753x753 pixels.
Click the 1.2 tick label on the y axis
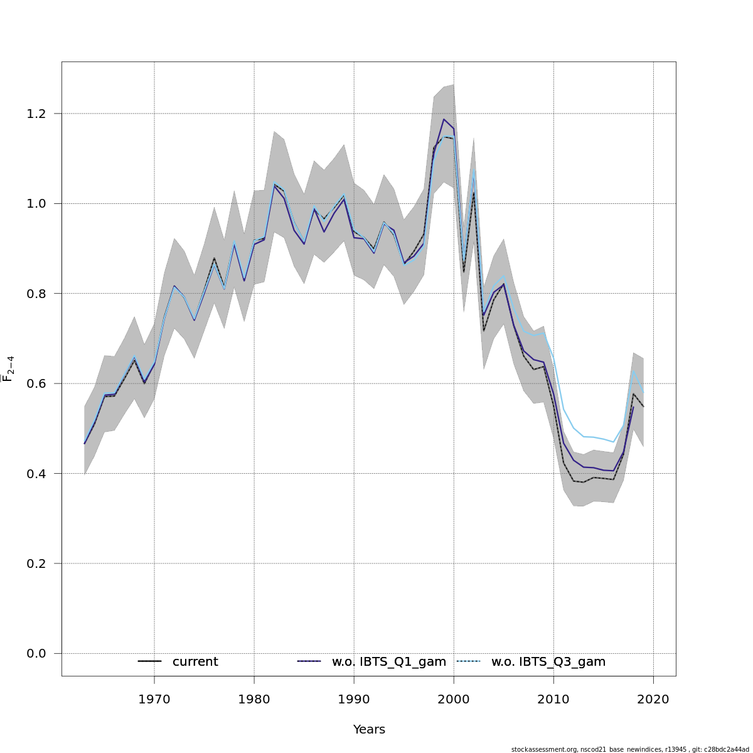tap(36, 114)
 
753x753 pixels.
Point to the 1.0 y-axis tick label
tap(36, 203)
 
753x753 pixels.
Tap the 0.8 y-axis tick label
tap(36, 294)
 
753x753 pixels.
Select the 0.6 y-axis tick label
tap(36, 383)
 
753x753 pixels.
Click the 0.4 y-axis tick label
tap(36, 473)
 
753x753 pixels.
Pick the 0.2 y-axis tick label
tap(36, 563)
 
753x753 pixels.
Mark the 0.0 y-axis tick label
tap(36, 653)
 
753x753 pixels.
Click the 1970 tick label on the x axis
tap(154, 700)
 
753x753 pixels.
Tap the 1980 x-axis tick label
tap(254, 700)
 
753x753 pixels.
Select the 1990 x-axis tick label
tap(354, 700)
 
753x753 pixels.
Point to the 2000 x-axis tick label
tap(454, 700)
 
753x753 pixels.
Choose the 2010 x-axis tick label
tap(553, 700)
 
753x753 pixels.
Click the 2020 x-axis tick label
tap(653, 700)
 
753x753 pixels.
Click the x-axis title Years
tap(369, 730)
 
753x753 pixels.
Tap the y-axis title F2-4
tap(9, 368)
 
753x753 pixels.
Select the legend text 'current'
tap(195, 662)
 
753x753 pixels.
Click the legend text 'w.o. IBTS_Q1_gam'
tap(389, 662)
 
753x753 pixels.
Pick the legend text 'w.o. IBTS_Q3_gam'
tap(548, 662)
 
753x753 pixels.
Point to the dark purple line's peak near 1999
tap(444, 119)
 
